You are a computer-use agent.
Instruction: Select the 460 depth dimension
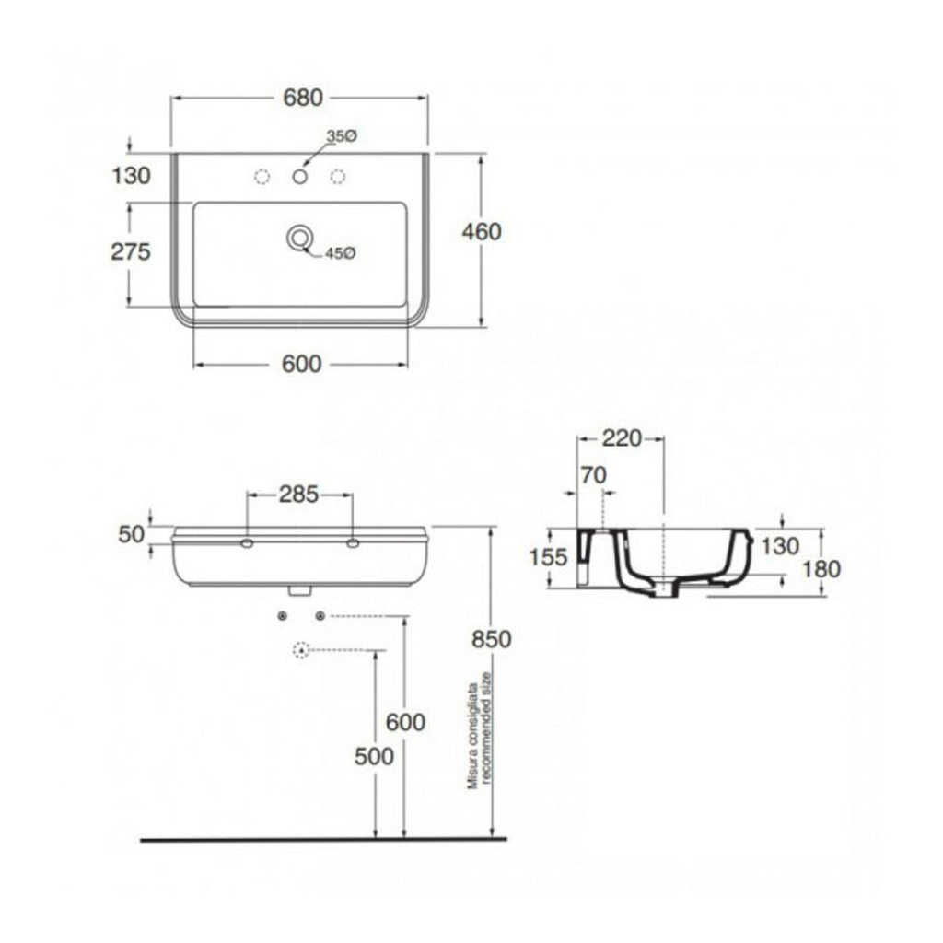pos(483,231)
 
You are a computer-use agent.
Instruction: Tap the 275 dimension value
pos(130,252)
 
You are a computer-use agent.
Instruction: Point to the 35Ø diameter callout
pos(341,136)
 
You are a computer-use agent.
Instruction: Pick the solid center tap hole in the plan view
pos(299,176)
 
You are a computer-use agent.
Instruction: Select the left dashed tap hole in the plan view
pos(262,176)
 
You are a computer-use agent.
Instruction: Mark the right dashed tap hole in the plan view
pos(338,176)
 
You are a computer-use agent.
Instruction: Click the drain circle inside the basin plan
pos(298,238)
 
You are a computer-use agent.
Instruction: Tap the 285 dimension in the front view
pos(298,495)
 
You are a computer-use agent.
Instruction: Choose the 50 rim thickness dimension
pos(131,534)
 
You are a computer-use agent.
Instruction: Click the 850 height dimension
pos(492,637)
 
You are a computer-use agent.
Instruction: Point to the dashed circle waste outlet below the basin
pos(299,651)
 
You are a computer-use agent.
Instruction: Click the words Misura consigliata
pos(471,737)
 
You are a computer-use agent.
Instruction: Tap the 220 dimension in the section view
pos(621,438)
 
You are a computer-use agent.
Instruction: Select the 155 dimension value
pos(547,558)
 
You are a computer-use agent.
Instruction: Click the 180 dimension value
pos(821,569)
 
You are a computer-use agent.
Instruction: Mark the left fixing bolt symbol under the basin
pos(283,615)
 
